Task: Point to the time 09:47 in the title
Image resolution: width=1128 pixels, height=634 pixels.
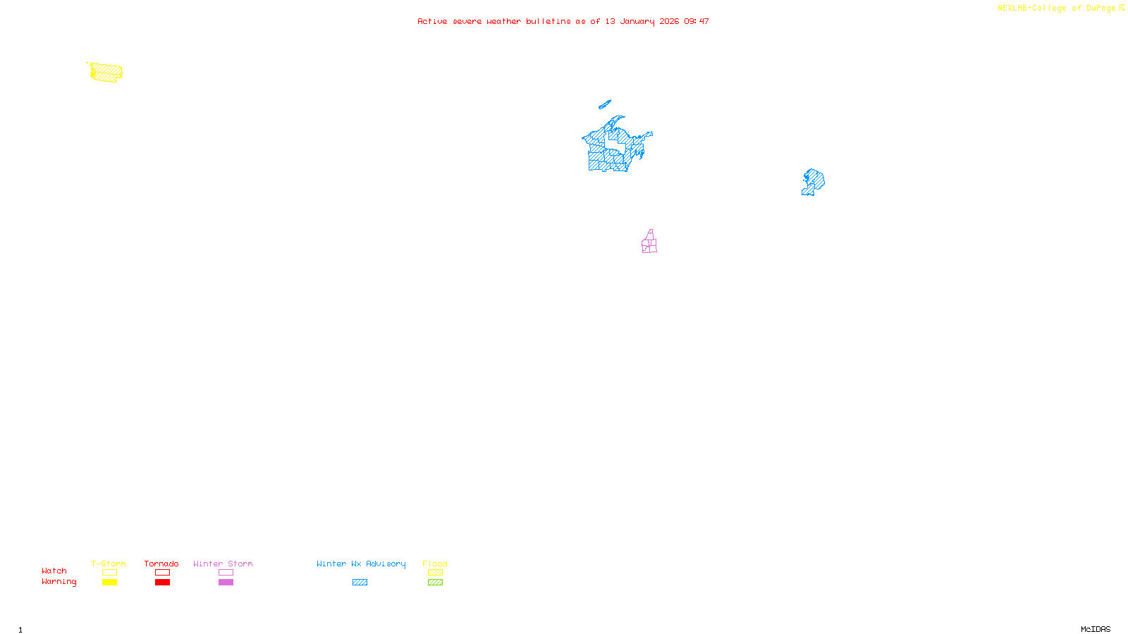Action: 696,22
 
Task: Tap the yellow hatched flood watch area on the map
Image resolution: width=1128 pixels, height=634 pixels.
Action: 106,72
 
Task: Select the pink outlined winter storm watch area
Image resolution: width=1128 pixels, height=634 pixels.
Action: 649,243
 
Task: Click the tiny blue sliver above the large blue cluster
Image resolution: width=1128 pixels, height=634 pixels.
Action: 604,105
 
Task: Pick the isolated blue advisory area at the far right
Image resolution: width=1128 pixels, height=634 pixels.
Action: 814,181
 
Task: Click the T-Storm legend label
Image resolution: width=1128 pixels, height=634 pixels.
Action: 109,564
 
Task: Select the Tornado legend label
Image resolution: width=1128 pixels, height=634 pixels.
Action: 161,564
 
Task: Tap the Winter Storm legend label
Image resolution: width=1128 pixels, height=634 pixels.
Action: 223,564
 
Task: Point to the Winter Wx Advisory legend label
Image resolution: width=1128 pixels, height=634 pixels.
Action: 361,564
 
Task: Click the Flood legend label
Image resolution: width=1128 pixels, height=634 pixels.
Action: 435,564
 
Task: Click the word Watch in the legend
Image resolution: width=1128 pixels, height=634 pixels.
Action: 54,571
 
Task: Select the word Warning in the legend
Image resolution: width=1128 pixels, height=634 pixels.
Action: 59,582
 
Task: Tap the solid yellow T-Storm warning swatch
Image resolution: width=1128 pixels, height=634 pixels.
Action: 109,583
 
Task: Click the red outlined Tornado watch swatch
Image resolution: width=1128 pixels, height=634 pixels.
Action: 162,573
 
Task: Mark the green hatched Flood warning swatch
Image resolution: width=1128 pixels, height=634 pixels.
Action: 435,583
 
